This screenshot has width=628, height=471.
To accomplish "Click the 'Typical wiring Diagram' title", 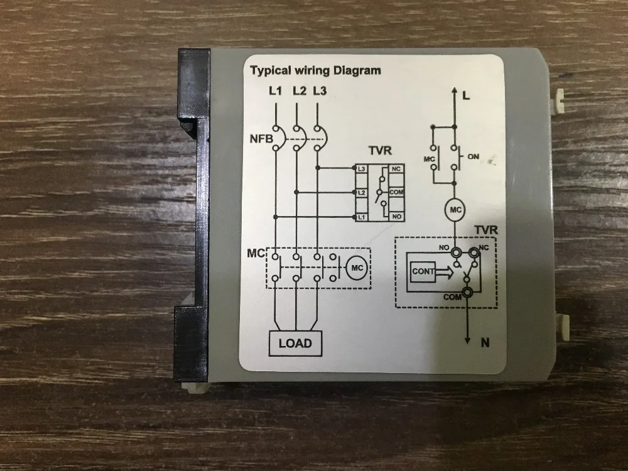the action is click(x=316, y=70).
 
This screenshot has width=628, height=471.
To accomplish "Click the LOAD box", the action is click(x=295, y=343).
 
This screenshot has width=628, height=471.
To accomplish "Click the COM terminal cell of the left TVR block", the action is click(x=396, y=192).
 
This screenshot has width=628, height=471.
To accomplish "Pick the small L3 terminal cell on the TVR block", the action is click(x=361, y=169).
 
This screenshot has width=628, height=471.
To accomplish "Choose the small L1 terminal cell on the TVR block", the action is click(x=361, y=216).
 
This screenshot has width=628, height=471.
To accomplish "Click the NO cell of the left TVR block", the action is click(x=396, y=216).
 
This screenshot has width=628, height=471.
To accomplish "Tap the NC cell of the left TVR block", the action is click(x=396, y=169).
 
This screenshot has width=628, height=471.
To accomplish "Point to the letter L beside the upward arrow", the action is click(x=465, y=96).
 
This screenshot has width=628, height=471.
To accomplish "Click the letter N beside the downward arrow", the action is click(x=484, y=343).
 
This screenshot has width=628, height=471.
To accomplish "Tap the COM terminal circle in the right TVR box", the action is click(x=467, y=291).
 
